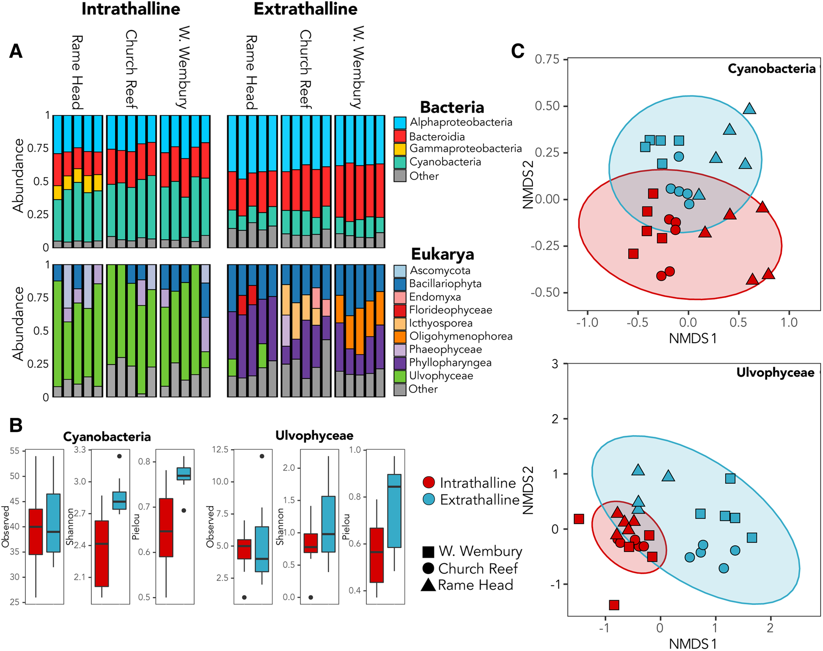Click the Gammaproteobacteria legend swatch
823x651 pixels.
pos(400,149)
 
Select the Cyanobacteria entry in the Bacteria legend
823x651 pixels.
pos(445,162)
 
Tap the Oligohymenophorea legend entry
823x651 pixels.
pos(460,337)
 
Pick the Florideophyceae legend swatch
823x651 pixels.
pos(400,310)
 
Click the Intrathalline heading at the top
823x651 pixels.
pos(131,9)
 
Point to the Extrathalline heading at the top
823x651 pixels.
pos(306,9)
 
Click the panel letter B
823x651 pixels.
pos(16,425)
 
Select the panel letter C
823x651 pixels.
pos(518,51)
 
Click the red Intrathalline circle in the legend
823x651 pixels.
pos(429,483)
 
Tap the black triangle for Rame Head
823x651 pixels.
pos(428,585)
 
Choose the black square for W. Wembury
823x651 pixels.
pos(428,552)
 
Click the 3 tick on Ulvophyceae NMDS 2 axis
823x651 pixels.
pos(555,364)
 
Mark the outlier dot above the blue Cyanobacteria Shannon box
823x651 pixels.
pos(119,456)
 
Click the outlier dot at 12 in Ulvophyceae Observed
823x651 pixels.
pos(262,456)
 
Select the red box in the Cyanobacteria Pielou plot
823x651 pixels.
pos(166,527)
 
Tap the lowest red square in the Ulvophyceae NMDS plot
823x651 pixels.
pos(614,605)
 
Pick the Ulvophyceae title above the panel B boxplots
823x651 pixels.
pos(314,436)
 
